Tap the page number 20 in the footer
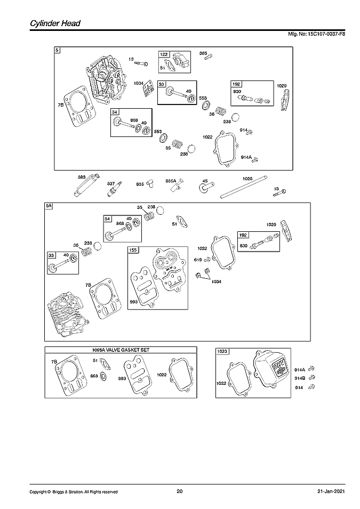[179, 491]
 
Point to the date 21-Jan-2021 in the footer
[331, 491]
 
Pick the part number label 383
[82, 177]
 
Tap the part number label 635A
[171, 180]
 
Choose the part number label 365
[203, 53]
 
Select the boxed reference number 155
[133, 249]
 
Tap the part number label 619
[198, 260]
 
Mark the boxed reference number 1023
[222, 351]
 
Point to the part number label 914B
[300, 378]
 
